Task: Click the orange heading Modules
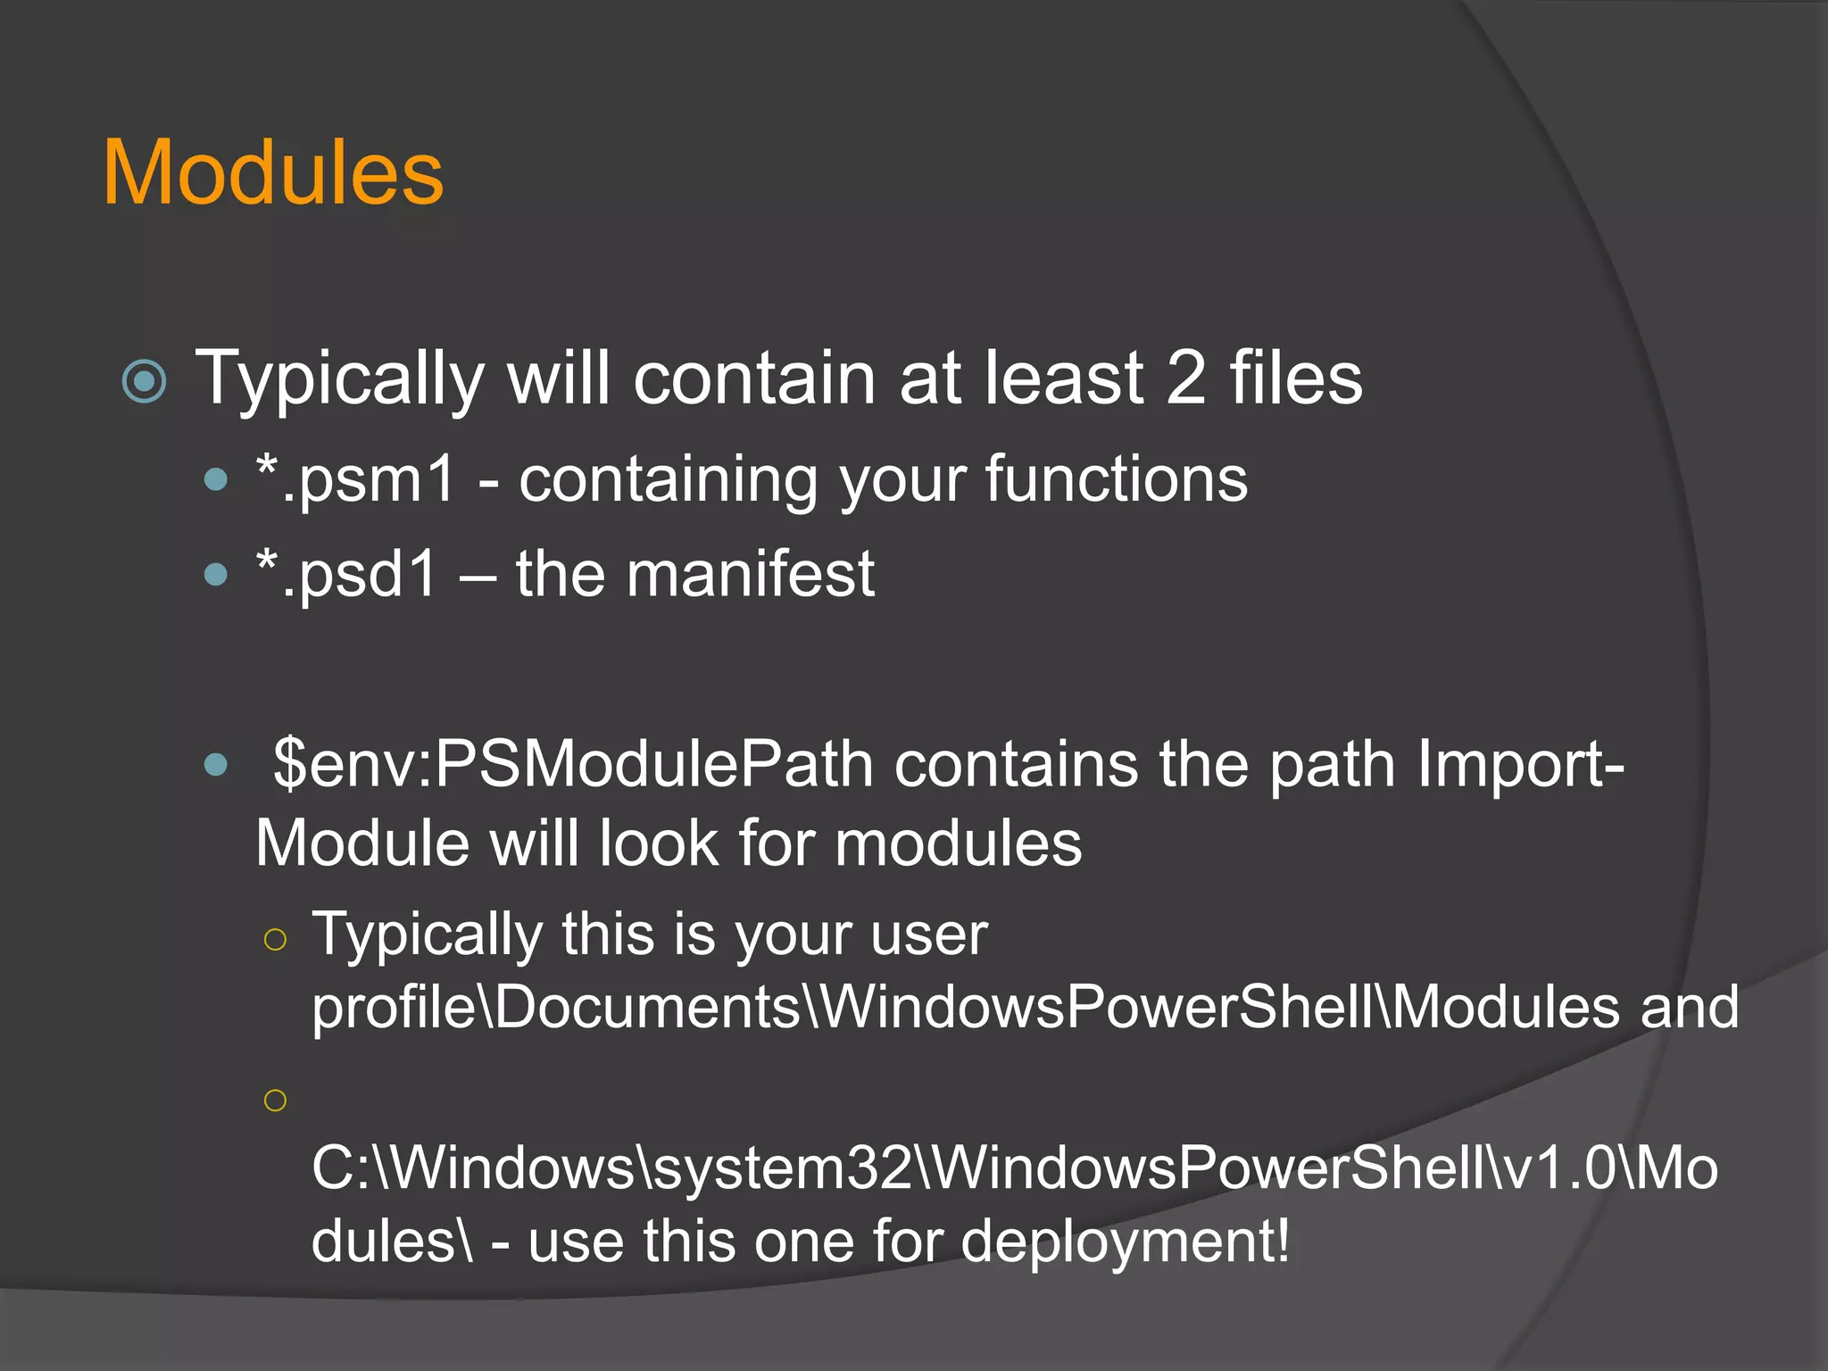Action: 273,173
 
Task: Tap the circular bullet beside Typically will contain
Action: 145,381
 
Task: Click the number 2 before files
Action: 1186,378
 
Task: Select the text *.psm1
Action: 355,480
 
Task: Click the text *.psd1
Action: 347,574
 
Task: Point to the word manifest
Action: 750,574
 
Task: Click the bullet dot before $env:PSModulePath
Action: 216,765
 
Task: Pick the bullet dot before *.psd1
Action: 216,574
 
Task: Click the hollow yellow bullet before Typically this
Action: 275,939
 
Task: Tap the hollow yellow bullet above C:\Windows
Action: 275,1100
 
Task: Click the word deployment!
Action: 1125,1242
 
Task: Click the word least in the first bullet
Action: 1063,378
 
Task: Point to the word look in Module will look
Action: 659,843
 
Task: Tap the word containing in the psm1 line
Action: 668,479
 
